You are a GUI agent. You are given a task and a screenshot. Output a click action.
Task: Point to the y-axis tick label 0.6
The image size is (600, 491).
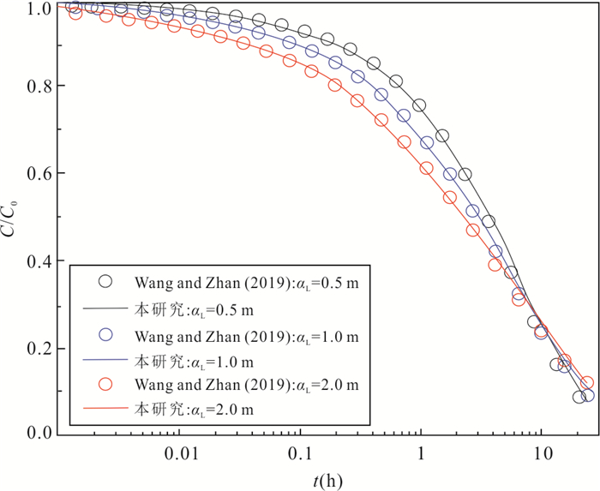(36, 174)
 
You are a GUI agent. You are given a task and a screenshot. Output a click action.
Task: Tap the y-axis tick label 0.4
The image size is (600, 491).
(36, 260)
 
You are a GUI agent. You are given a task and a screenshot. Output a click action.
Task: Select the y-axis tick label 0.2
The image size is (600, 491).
(36, 349)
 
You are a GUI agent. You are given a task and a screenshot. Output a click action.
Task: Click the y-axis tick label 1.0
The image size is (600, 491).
(36, 9)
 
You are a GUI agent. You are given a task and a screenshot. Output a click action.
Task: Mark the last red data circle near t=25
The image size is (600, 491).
(586, 383)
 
